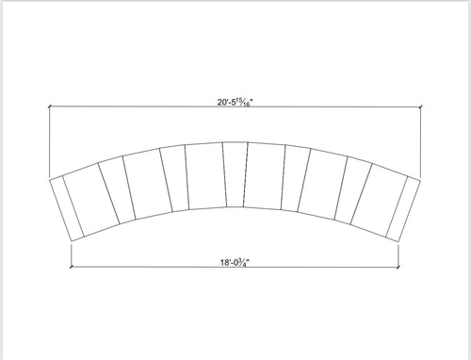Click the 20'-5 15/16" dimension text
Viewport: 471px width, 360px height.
click(235, 103)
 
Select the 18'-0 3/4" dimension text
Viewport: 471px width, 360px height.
click(235, 262)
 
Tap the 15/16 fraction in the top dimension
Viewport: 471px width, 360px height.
click(246, 103)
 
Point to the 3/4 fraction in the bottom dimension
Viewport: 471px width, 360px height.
click(243, 263)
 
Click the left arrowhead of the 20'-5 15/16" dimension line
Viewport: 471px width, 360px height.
click(50, 106)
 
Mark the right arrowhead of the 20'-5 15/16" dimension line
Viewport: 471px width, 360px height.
click(420, 106)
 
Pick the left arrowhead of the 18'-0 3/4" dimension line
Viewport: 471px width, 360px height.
click(72, 267)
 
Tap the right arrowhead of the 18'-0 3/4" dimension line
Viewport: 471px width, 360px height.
click(398, 267)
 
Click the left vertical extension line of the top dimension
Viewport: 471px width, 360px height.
click(50, 141)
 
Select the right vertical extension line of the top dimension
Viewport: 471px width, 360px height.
click(420, 141)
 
